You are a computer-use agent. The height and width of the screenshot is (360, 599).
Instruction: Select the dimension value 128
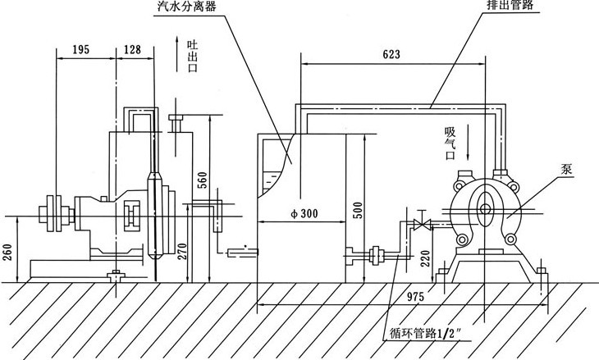point(131,50)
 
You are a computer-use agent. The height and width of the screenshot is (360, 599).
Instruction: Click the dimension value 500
point(356,209)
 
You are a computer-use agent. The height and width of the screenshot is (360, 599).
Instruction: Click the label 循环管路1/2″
point(428,334)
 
